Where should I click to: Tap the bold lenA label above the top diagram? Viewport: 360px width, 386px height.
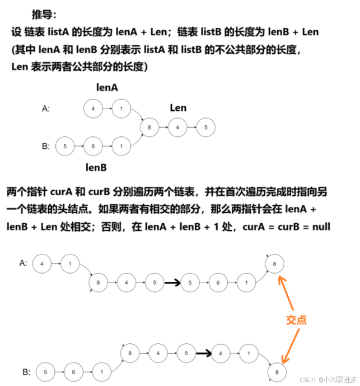pos(107,87)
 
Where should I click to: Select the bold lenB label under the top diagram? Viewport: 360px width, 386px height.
pos(96,167)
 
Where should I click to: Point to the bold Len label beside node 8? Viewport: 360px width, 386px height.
pos(178,107)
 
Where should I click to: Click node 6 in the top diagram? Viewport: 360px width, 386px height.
pos(92,147)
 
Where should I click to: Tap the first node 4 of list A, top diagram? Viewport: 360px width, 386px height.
pos(92,109)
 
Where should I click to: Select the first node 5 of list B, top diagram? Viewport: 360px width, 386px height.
pos(65,147)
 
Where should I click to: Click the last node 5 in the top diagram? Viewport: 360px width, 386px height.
pos(206,128)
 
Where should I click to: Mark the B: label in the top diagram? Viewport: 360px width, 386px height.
pos(46,147)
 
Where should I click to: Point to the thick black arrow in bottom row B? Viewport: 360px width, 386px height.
pos(204,353)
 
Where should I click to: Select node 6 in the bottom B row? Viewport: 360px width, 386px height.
pos(72,371)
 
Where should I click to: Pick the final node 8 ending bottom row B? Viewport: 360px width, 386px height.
pos(274,371)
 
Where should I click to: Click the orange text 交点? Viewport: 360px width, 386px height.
pos(296,319)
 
